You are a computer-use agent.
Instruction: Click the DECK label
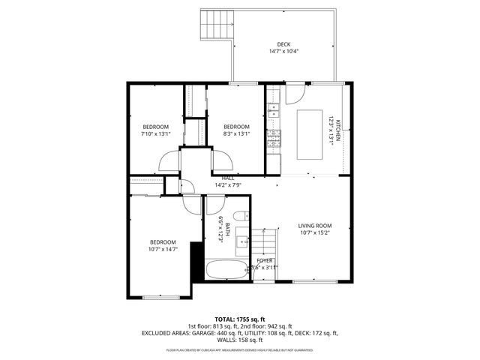283,44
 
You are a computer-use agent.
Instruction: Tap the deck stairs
215,28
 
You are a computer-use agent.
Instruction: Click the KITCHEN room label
338,130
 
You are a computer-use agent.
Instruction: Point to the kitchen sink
273,112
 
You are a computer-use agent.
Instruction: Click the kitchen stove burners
274,136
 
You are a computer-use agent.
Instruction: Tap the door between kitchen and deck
295,93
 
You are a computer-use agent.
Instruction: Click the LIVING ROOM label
314,225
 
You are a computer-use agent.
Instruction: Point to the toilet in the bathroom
240,217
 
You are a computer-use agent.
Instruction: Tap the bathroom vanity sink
241,241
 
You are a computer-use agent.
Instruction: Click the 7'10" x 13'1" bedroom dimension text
156,134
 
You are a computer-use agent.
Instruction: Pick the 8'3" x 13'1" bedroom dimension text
236,134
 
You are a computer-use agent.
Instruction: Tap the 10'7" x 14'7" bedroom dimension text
163,249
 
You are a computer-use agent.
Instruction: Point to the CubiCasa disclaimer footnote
240,349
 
